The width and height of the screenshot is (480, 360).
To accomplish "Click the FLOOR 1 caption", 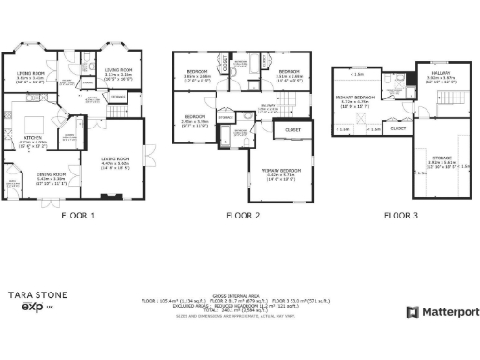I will click(79, 216).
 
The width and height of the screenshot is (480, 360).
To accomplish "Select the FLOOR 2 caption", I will click(243, 216).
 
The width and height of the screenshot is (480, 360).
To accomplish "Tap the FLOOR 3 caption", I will click(401, 216).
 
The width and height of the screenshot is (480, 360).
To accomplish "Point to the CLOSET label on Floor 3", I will click(397, 127).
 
